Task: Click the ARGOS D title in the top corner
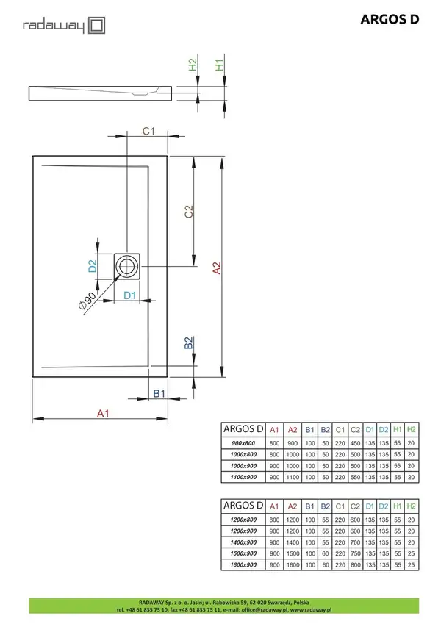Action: pos(390,19)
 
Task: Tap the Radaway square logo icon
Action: pos(97,26)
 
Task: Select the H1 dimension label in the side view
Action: pos(219,65)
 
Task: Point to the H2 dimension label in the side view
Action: pos(193,65)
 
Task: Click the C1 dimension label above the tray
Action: pos(148,131)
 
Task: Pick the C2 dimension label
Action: pos(189,212)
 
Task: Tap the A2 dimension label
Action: pos(217,268)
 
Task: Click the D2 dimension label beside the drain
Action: pos(93,266)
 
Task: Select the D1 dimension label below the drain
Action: pos(130,295)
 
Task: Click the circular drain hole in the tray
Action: pos(127,266)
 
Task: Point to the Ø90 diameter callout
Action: pos(87,301)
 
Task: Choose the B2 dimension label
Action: pos(189,343)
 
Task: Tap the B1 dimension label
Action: pos(159,393)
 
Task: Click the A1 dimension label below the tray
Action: pos(103,414)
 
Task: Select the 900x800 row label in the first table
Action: pos(243,443)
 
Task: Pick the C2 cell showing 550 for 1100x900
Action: pos(355,477)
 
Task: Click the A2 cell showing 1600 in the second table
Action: pos(293,564)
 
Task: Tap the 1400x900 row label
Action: pos(243,542)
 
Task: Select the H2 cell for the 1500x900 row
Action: pos(411,553)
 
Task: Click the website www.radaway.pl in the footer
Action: pos(311,609)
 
